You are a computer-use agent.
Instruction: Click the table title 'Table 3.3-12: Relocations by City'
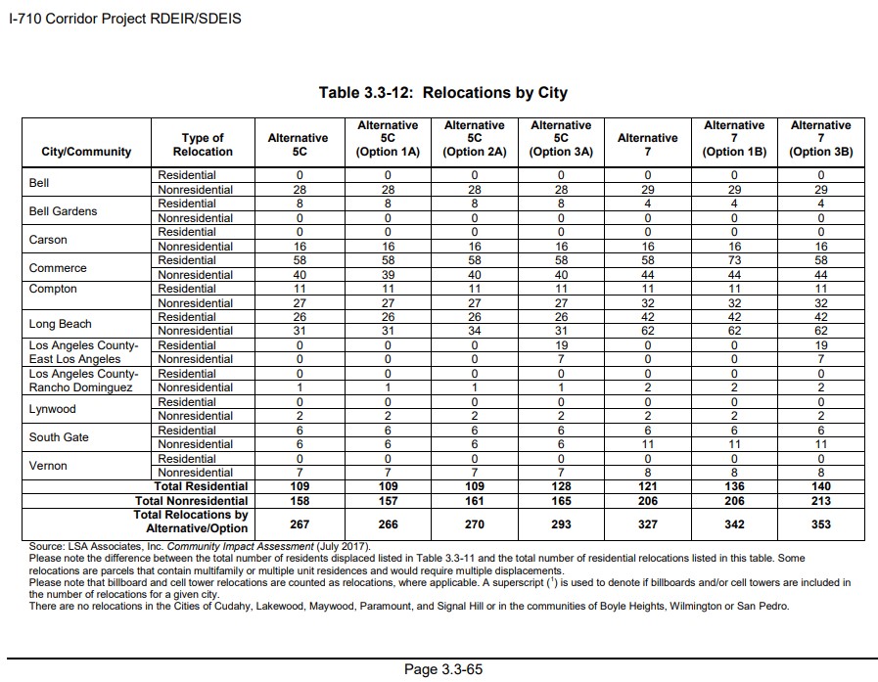[x=442, y=93]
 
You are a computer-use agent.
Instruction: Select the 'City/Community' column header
[x=86, y=152]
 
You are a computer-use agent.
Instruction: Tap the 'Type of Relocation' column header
[x=203, y=145]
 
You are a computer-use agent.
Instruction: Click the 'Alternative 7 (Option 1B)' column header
[x=734, y=139]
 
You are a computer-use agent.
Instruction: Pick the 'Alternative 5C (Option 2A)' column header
[x=474, y=139]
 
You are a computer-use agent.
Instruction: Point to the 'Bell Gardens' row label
[x=63, y=211]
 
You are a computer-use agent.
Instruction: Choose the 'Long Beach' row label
[x=61, y=324]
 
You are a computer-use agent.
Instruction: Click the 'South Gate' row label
[x=58, y=437]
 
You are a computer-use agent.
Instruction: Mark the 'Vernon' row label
[x=48, y=466]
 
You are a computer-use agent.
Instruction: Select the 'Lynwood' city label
[x=52, y=409]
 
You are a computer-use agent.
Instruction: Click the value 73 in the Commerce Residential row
[x=734, y=260]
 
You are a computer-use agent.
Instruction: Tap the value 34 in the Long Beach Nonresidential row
[x=474, y=331]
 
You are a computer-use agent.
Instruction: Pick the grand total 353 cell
[x=820, y=524]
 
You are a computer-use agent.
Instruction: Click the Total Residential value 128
[x=561, y=486]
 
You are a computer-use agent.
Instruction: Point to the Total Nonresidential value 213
[x=820, y=501]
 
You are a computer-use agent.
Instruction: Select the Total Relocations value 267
[x=299, y=524]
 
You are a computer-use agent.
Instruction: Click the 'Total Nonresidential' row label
[x=191, y=501]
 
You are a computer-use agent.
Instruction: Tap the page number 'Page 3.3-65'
[x=443, y=670]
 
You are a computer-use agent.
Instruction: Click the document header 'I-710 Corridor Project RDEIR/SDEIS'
[x=124, y=19]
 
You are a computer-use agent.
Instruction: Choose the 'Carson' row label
[x=48, y=240]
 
